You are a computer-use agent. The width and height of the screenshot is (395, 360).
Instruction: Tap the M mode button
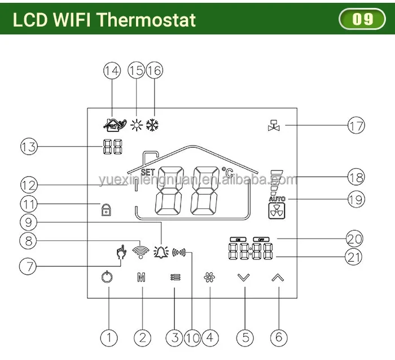tap(142, 278)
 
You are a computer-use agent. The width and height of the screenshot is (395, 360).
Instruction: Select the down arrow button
tap(243, 278)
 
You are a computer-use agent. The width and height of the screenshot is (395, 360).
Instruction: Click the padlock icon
tap(105, 209)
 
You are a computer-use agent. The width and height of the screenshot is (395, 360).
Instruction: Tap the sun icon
tap(136, 125)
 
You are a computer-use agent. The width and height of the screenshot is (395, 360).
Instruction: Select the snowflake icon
tap(153, 125)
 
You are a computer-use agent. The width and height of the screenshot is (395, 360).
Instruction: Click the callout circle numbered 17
tap(356, 125)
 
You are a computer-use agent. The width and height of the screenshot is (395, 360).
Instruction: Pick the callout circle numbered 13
tap(29, 147)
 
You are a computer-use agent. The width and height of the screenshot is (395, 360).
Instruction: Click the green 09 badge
tap(362, 20)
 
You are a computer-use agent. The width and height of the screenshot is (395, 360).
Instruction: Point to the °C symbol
tap(227, 172)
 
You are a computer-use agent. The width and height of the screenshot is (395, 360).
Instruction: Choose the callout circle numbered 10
tap(192, 337)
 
